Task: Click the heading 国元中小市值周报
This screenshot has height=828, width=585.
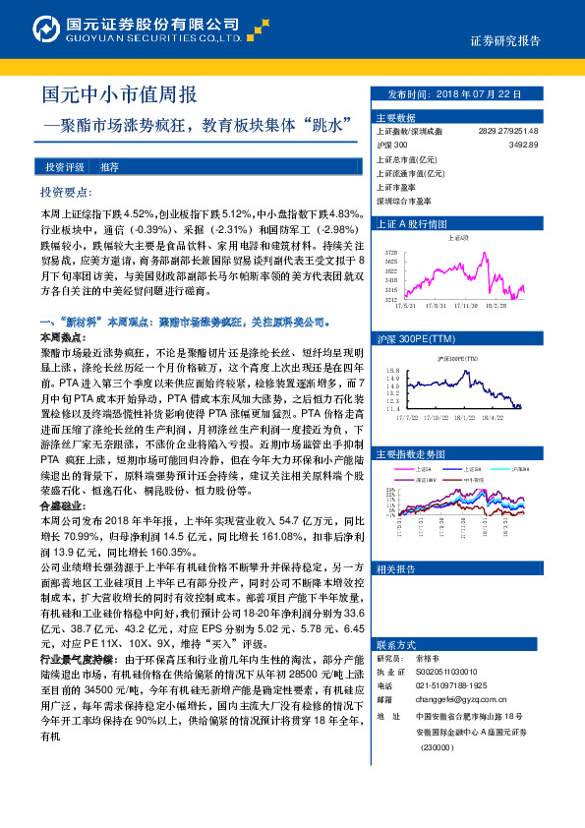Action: [x=119, y=94]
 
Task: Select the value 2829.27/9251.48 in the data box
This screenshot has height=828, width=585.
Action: [x=507, y=131]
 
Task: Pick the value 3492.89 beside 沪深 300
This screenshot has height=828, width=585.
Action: [x=523, y=145]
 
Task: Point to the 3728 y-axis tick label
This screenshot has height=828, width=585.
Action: [x=390, y=252]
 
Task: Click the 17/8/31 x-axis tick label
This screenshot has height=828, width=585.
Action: [x=433, y=306]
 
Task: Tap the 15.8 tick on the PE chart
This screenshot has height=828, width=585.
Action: [x=391, y=371]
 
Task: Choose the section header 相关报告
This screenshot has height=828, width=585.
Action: [x=395, y=569]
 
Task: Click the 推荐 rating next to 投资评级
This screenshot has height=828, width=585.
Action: [x=108, y=167]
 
